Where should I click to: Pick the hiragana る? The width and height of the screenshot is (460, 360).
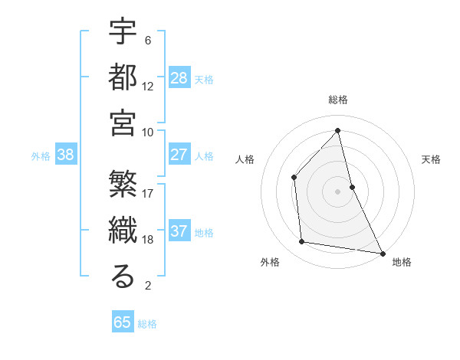123,277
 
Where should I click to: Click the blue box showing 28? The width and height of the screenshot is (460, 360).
179,78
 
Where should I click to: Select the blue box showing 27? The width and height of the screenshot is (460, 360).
179,155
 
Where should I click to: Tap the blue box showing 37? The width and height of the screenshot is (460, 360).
179,232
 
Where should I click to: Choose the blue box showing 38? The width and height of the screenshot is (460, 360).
66,155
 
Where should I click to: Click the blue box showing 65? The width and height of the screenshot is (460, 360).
123,322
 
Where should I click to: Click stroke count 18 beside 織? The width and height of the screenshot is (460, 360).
148,240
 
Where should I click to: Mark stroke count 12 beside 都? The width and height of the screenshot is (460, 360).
148,86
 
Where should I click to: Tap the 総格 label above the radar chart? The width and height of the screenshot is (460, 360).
338,100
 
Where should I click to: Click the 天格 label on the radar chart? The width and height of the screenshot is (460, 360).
431,159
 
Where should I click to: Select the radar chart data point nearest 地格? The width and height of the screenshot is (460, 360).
382,252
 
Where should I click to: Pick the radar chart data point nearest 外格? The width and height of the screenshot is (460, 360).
302,242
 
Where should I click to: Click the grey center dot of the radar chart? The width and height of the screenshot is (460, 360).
338,191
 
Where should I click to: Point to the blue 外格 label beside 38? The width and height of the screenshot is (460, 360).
41,156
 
